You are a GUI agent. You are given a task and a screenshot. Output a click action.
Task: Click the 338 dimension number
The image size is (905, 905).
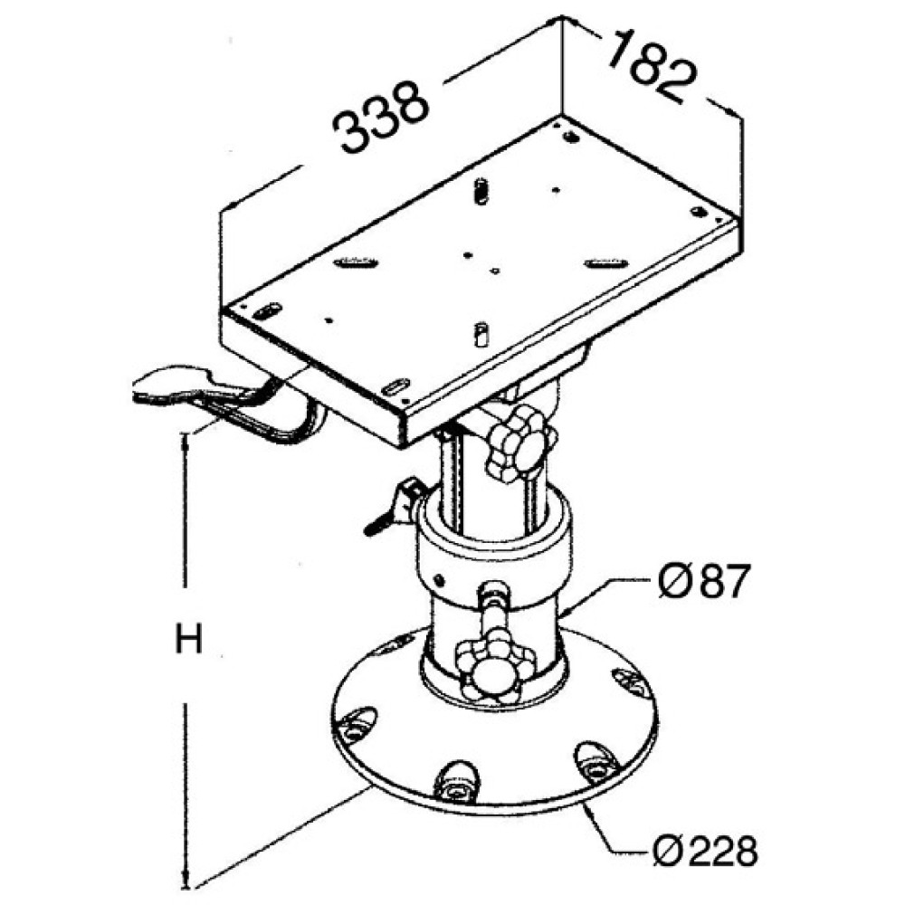pos(382,118)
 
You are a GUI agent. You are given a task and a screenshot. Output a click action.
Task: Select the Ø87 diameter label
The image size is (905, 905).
pos(704,581)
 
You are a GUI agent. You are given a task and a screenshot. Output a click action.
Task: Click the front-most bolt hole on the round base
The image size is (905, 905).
pos(456,782)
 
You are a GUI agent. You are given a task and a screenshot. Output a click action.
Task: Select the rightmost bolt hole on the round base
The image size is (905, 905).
pos(630,681)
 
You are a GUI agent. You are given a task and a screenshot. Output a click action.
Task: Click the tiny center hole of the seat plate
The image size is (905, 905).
pos(494,270)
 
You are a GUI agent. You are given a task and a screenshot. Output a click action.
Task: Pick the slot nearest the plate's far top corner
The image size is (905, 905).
pos(570,138)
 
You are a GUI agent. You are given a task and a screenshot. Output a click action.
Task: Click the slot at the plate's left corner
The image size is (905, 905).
pos(266,311)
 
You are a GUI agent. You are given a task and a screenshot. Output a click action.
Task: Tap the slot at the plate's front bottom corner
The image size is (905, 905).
pos(397,386)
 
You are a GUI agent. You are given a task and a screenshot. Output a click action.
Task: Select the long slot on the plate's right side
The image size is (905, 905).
pos(605,262)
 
